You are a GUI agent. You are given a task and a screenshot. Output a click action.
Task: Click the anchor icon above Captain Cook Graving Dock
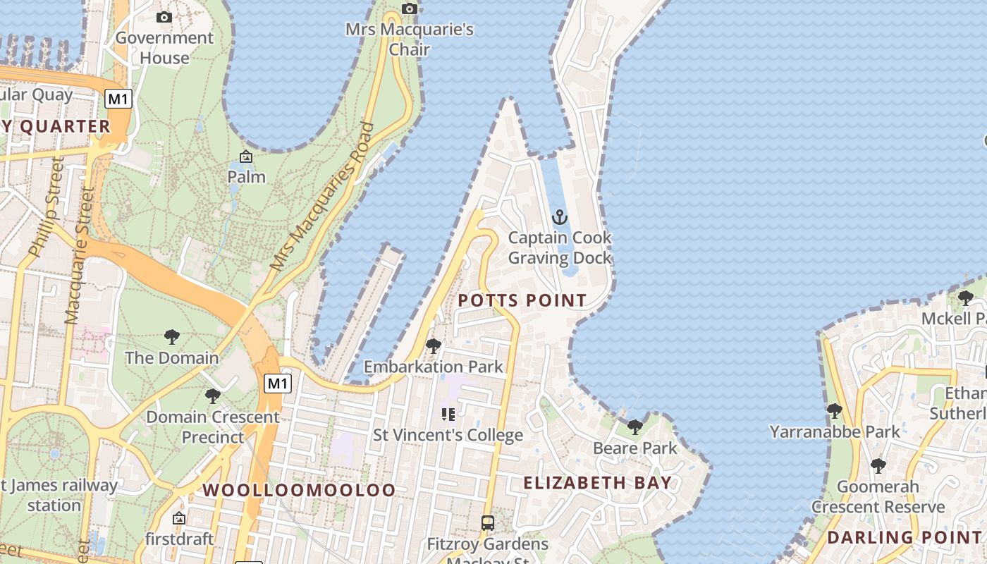560,216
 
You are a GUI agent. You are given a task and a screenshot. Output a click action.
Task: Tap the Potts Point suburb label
522,300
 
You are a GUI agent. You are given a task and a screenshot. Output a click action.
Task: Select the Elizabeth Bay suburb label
597,483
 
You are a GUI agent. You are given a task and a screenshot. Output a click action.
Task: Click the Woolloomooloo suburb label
300,491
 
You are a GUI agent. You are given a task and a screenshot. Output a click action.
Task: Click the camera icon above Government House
164,17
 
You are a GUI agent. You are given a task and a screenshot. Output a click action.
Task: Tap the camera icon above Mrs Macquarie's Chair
410,8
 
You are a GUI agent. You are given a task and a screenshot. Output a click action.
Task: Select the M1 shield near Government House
118,99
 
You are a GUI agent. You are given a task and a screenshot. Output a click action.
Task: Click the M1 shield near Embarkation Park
278,384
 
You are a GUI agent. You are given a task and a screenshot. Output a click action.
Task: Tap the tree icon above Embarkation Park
434,346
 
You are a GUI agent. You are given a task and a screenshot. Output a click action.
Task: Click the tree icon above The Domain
171,337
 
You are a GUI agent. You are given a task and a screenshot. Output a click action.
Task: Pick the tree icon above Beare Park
635,427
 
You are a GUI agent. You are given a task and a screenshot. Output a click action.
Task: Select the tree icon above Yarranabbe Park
835,410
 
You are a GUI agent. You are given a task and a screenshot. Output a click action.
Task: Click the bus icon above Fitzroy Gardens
487,523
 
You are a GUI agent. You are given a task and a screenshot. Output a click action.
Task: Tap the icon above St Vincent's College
448,414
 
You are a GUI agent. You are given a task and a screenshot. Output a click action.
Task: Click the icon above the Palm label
246,156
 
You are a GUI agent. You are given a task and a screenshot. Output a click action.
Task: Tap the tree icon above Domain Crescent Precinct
212,396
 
